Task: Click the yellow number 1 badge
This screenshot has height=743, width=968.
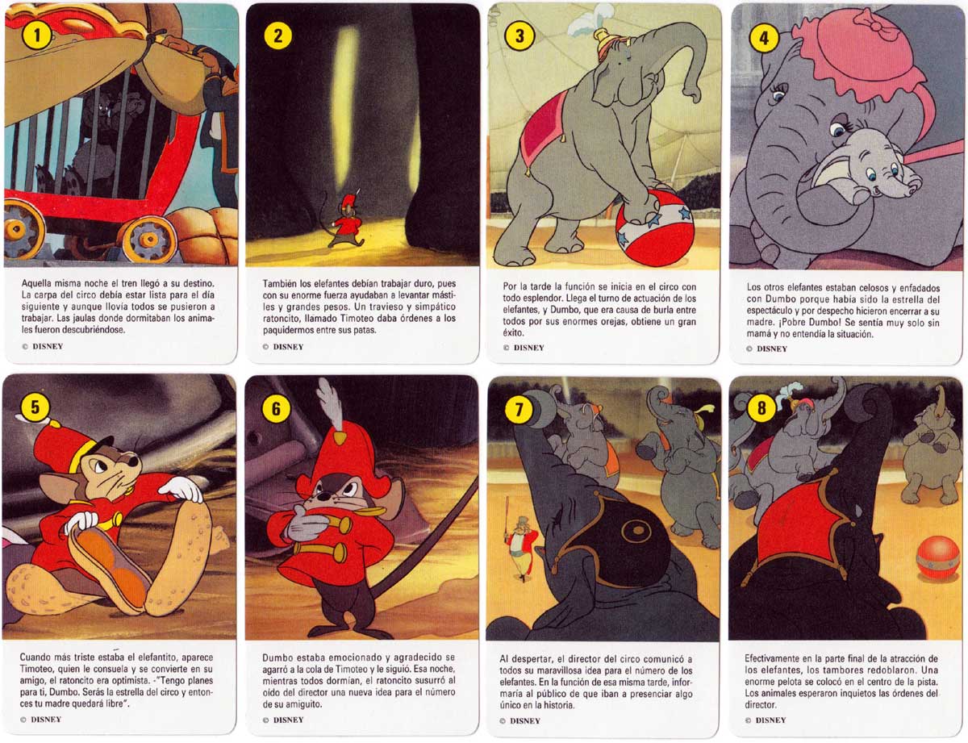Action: tap(37, 35)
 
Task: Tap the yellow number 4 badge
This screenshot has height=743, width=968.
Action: tap(764, 37)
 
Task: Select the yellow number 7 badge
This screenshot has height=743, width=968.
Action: tap(519, 408)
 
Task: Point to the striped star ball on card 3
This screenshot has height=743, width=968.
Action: tap(649, 227)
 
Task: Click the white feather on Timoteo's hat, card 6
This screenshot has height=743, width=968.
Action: tap(330, 404)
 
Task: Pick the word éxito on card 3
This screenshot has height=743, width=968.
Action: tap(514, 332)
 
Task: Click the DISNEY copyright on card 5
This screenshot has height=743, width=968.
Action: tap(41, 720)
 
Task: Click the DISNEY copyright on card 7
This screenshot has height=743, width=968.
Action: tap(520, 720)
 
